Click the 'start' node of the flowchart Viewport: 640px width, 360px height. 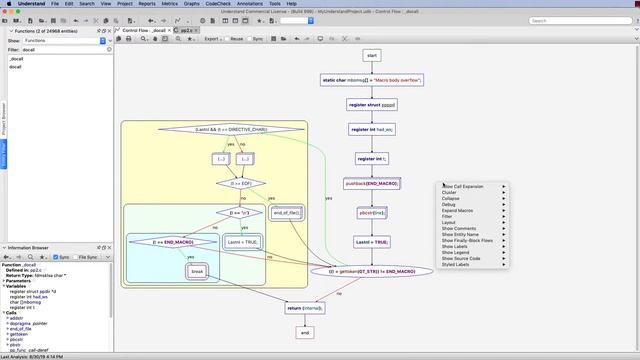tap(371, 55)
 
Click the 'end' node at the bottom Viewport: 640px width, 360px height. tap(305, 332)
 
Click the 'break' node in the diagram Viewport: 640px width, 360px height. tap(197, 271)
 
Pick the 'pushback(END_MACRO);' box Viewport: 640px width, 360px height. tap(371, 184)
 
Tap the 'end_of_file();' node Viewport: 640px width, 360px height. tap(287, 213)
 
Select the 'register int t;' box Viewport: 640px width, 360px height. tap(371, 158)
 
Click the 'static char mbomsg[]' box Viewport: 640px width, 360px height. tap(371, 79)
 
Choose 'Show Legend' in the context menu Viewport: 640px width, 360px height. tap(461, 252)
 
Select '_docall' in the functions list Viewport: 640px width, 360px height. tap(17, 58)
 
